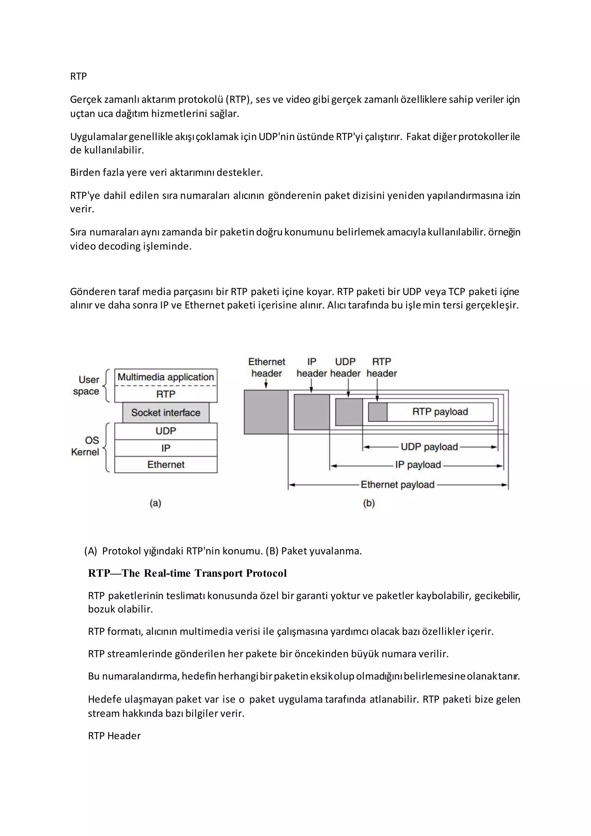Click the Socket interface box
click(166, 413)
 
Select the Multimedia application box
click(166, 377)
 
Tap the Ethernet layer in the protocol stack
click(166, 464)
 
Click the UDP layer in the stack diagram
click(166, 431)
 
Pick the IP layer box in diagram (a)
click(166, 448)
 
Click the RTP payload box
click(440, 412)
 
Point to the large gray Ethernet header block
click(266, 412)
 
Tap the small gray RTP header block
click(378, 412)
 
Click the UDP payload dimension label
click(429, 447)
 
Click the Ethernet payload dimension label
click(397, 485)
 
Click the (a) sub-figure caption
click(155, 503)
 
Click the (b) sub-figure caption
click(369, 503)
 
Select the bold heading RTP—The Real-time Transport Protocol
click(187, 574)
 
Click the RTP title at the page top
click(78, 76)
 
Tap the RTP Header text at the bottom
click(114, 736)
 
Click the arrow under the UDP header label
click(348, 388)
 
